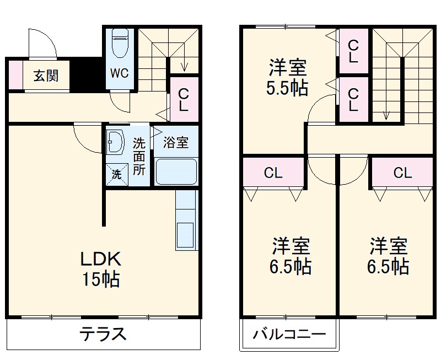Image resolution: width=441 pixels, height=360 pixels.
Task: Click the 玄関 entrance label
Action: tap(46, 76)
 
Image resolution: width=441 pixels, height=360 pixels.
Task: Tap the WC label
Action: tap(120, 73)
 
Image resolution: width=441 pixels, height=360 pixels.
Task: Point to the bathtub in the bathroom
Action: tap(176, 171)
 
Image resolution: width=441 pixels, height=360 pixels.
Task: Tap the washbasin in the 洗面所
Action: tap(116, 143)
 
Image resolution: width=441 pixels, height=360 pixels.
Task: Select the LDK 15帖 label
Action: tap(101, 269)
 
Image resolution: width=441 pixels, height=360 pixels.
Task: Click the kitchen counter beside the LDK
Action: tap(186, 221)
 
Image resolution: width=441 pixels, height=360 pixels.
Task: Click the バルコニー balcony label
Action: tap(289, 335)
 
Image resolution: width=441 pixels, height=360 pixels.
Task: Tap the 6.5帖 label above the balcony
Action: tap(290, 256)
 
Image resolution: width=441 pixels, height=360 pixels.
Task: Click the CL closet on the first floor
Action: tap(184, 99)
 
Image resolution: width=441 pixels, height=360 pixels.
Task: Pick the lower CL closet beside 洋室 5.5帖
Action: tap(353, 99)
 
